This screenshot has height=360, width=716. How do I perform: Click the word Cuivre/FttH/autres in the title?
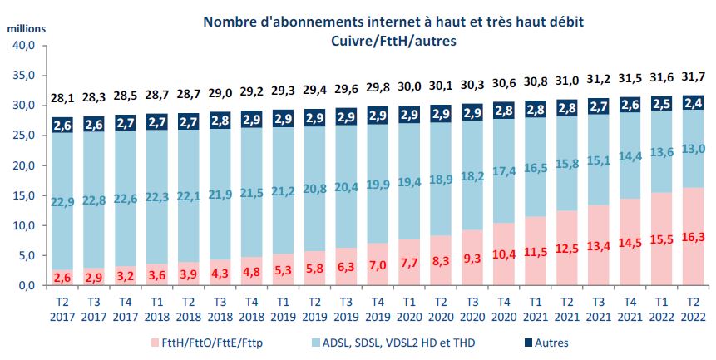[x=367, y=39]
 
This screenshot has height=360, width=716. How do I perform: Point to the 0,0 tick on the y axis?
[x=26, y=285]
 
